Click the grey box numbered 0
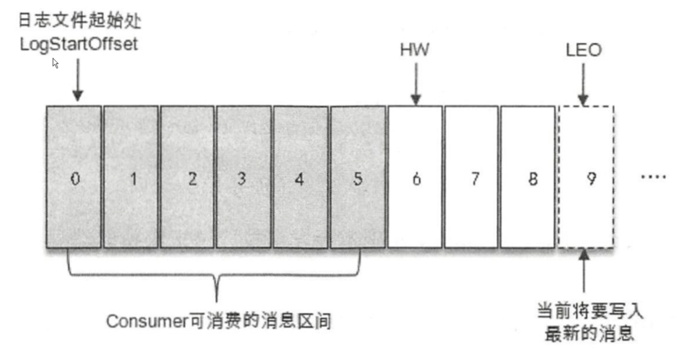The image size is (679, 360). [x=73, y=178]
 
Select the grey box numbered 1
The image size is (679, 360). [x=131, y=178]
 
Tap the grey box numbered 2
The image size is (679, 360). [x=187, y=178]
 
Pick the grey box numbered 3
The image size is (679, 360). [x=243, y=178]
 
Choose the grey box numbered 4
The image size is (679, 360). [x=300, y=178]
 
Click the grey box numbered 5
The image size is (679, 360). [x=358, y=178]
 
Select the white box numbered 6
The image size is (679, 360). [x=415, y=178]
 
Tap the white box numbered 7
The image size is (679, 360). [x=471, y=178]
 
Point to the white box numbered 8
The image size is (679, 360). [x=528, y=178]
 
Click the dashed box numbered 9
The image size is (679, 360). [x=586, y=178]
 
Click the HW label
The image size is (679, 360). [x=415, y=50]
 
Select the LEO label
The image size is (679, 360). [x=584, y=50]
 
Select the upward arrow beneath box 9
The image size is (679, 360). [x=584, y=270]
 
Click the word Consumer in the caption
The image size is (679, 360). [x=147, y=322]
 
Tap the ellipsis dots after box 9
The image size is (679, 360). [x=654, y=177]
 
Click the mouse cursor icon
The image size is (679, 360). [x=55, y=63]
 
